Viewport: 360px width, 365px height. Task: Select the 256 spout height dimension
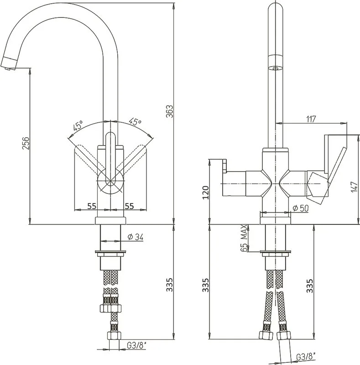click(26, 143)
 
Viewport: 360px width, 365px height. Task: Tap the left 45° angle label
click(78, 126)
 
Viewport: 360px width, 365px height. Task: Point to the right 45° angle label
click(136, 122)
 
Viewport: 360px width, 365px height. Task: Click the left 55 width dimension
click(92, 206)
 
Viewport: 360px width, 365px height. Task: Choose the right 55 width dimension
click(130, 206)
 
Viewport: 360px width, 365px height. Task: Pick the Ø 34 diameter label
click(136, 237)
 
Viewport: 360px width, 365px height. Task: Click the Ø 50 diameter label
click(301, 208)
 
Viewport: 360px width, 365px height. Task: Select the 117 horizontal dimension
click(311, 119)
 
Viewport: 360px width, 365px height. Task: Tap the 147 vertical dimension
click(354, 187)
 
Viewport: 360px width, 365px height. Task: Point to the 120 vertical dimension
click(206, 192)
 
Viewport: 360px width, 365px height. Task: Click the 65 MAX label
click(243, 238)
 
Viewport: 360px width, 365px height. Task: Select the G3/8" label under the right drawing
click(306, 356)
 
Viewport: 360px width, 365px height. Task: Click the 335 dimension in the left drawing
click(170, 284)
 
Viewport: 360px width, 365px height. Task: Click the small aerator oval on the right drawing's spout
click(276, 68)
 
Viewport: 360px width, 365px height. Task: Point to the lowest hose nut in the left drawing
click(115, 335)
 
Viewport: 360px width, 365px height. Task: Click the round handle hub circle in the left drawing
click(110, 181)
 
